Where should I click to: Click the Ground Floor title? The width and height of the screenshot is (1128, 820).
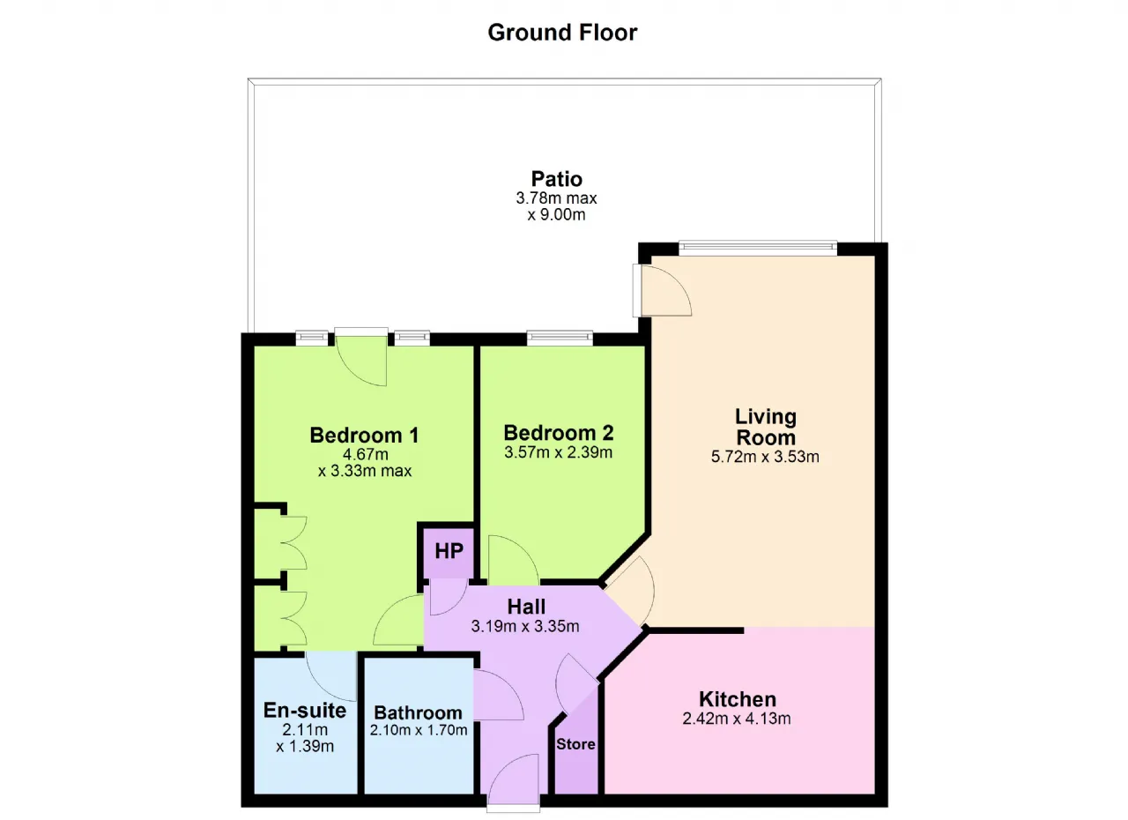pyautogui.click(x=562, y=33)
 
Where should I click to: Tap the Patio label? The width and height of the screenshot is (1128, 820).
pyautogui.click(x=556, y=179)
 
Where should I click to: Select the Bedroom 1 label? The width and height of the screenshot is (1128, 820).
pyautogui.click(x=364, y=436)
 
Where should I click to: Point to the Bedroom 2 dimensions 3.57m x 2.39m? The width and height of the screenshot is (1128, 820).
pyautogui.click(x=559, y=452)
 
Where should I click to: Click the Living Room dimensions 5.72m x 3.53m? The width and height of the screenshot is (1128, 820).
pyautogui.click(x=765, y=457)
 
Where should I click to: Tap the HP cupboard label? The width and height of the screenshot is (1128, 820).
pyautogui.click(x=449, y=551)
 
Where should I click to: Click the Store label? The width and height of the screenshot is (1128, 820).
pyautogui.click(x=575, y=744)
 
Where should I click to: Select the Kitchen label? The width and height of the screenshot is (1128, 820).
pyautogui.click(x=738, y=699)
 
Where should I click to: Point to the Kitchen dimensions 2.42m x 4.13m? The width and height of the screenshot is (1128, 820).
pyautogui.click(x=736, y=719)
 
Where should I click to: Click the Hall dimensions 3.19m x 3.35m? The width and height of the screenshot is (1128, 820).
pyautogui.click(x=525, y=626)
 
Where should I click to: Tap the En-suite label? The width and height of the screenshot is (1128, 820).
pyautogui.click(x=305, y=710)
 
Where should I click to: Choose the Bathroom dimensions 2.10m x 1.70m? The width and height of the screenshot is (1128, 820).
pyautogui.click(x=419, y=730)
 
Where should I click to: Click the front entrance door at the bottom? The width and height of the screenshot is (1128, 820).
pyautogui.click(x=514, y=779)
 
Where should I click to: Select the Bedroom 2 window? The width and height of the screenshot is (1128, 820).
pyautogui.click(x=560, y=338)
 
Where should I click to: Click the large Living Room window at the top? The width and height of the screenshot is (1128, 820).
pyautogui.click(x=758, y=247)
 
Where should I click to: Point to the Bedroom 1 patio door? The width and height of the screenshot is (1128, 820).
pyautogui.click(x=361, y=358)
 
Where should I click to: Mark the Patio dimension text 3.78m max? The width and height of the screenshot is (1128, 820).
pyautogui.click(x=556, y=198)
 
